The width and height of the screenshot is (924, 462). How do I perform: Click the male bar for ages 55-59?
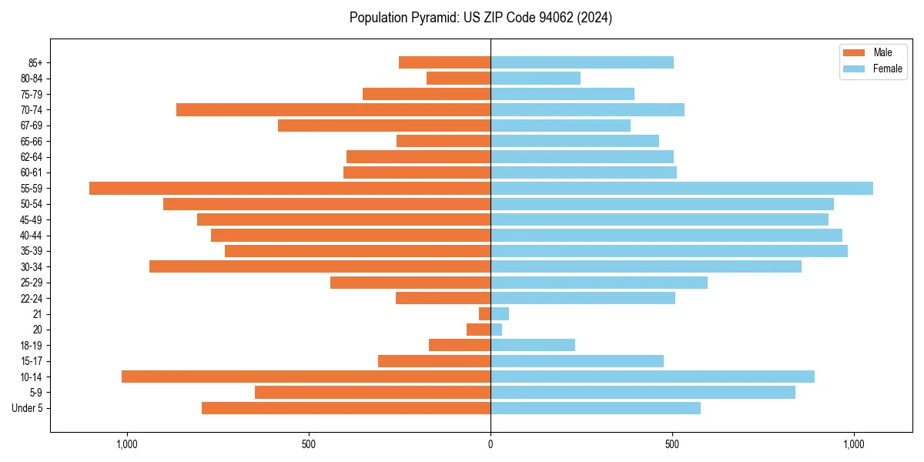click(x=290, y=188)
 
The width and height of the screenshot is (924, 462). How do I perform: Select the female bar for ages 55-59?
click(x=681, y=188)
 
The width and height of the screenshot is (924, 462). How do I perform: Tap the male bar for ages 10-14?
click(x=306, y=377)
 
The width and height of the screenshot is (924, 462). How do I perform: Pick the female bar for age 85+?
click(x=582, y=62)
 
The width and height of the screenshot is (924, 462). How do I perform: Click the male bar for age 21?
click(x=484, y=313)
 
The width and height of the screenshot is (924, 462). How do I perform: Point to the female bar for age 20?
click(x=497, y=330)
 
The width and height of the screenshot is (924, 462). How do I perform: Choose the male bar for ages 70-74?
click(x=333, y=109)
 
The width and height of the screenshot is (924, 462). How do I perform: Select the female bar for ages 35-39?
click(x=669, y=251)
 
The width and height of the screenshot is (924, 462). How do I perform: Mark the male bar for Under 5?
click(x=346, y=408)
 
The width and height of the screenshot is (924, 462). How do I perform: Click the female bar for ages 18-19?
click(x=533, y=345)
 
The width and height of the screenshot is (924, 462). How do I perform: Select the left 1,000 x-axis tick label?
click(x=126, y=445)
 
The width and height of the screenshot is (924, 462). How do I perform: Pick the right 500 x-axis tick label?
click(x=672, y=445)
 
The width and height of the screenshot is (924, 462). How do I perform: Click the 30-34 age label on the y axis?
click(x=32, y=267)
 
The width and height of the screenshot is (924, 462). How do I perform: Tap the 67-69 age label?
click(x=32, y=126)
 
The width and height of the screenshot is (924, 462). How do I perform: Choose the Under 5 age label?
click(x=28, y=408)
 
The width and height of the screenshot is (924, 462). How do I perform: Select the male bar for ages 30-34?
click(x=320, y=266)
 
